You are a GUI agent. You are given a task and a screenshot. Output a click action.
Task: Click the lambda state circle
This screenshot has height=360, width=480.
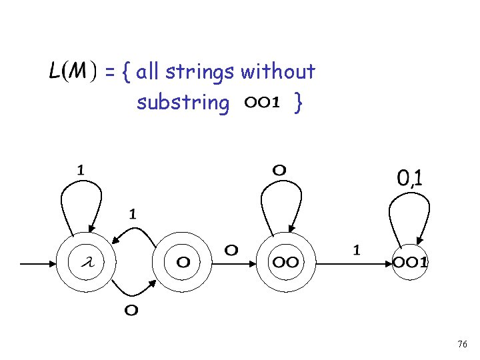click(x=85, y=263)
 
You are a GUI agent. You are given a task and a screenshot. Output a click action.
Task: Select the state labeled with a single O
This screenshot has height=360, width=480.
click(x=182, y=263)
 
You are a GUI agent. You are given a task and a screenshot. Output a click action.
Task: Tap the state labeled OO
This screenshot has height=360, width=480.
click(x=285, y=263)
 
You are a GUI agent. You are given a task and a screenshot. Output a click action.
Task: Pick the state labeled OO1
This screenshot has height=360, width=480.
click(x=409, y=263)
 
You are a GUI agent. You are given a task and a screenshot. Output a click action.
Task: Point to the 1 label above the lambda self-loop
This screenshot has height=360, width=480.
click(x=81, y=170)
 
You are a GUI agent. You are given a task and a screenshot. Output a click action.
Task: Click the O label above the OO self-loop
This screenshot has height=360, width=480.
click(x=279, y=170)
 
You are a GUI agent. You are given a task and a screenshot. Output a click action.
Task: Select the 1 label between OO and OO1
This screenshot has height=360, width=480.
click(x=357, y=250)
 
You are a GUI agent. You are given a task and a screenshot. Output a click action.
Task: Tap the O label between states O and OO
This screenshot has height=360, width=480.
click(x=231, y=251)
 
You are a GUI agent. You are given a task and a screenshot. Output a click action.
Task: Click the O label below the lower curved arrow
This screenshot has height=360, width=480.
click(x=132, y=311)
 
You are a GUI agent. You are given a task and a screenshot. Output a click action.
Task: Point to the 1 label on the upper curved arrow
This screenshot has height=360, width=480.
click(x=133, y=214)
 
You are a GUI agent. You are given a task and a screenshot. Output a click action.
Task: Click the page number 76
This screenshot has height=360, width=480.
click(x=462, y=344)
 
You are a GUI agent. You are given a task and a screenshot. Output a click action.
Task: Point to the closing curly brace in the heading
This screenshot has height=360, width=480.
click(x=300, y=103)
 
